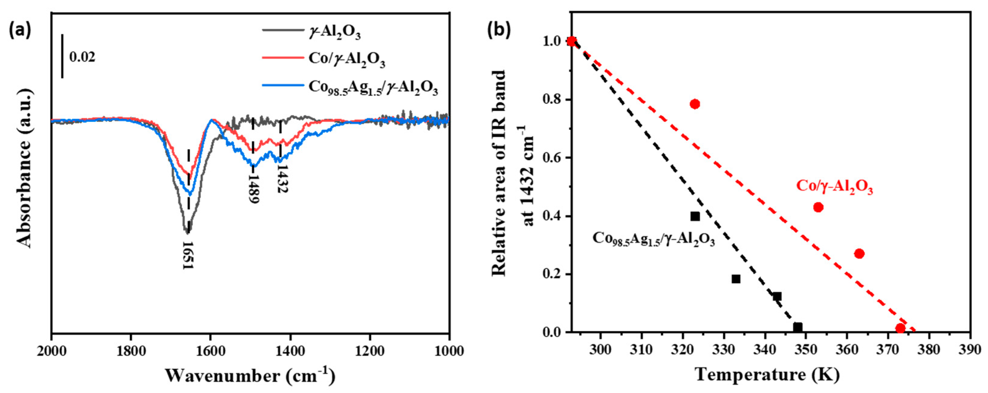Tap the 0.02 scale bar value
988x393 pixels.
[82, 57]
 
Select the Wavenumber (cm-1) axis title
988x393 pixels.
[250, 376]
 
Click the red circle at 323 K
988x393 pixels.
[695, 104]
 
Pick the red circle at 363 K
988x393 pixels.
[859, 254]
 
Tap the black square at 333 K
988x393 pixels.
[736, 279]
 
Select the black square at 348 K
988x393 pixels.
[798, 327]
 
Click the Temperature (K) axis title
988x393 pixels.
[767, 375]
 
